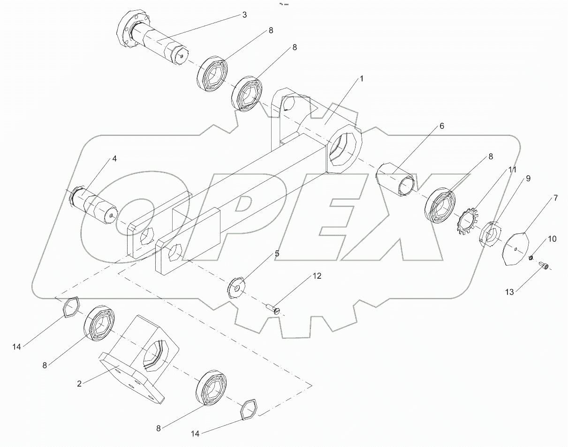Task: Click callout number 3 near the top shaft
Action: [x=244, y=15]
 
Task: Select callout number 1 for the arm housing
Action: [x=362, y=79]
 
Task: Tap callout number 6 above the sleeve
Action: [x=441, y=127]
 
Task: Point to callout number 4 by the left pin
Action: [x=114, y=159]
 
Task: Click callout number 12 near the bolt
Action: [x=317, y=276]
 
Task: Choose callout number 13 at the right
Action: [x=510, y=292]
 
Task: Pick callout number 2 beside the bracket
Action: [x=79, y=384]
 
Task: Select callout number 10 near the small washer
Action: [x=552, y=239]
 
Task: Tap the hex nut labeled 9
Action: [x=491, y=232]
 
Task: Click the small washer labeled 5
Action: [x=237, y=287]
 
